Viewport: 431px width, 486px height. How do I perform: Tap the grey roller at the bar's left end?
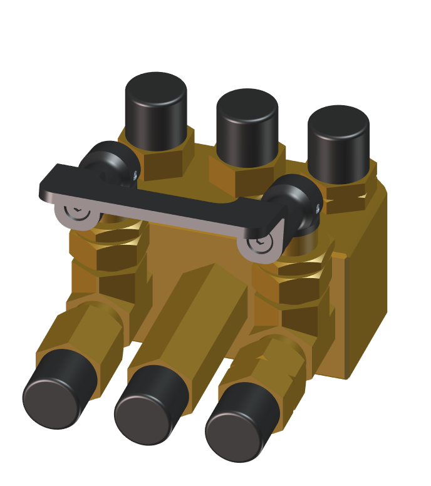pos(77,214)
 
